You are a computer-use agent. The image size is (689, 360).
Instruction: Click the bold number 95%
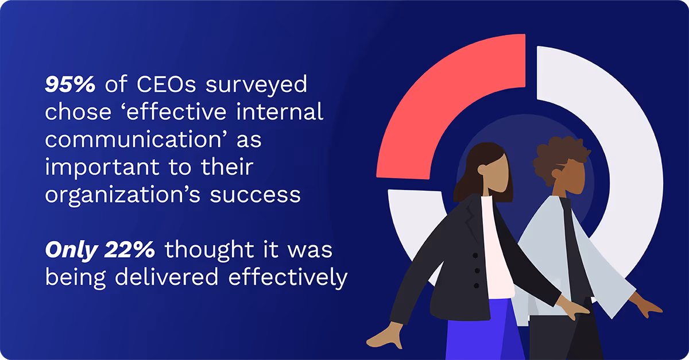pos(70,85)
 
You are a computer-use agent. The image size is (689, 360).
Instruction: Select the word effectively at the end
pos(288,277)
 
